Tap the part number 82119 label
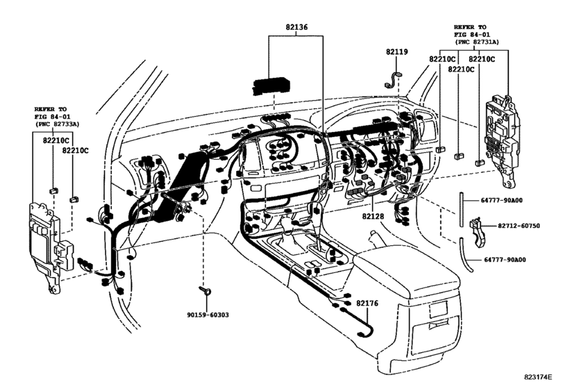397,53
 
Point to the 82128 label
372,217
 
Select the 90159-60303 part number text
206,314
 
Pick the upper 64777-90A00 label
503,200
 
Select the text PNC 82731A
481,42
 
